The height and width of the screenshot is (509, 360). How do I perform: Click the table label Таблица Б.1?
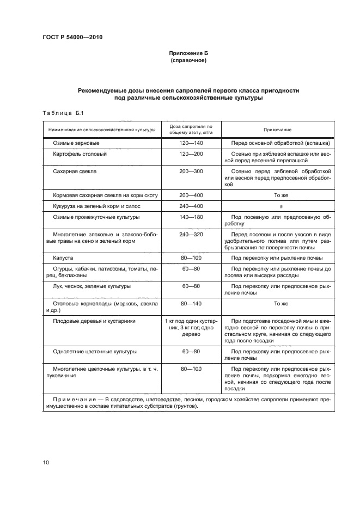click(x=62, y=113)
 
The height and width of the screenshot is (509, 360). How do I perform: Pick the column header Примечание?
click(x=278, y=130)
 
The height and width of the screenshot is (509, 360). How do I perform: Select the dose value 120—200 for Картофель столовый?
click(x=191, y=154)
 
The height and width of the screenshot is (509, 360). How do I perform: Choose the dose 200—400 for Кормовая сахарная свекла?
click(x=191, y=195)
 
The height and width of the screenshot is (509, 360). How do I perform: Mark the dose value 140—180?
click(x=191, y=217)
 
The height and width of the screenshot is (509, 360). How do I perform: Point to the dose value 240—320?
click(x=191, y=235)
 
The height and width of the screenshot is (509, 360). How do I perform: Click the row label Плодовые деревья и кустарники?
click(x=94, y=321)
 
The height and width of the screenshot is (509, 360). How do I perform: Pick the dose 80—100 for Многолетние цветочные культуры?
click(x=191, y=369)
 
